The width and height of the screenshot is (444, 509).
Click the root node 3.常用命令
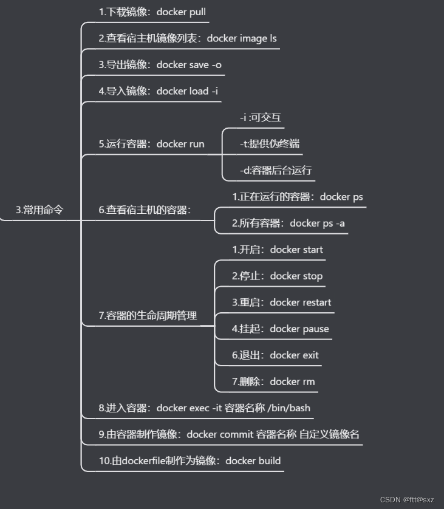[x=39, y=210]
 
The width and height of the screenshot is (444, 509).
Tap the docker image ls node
[x=188, y=38]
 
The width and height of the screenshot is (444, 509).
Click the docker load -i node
[x=158, y=91]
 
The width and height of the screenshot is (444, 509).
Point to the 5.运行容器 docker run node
[x=151, y=144]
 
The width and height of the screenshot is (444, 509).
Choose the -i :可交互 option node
[x=261, y=117]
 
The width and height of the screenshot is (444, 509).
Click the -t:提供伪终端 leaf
[x=270, y=144]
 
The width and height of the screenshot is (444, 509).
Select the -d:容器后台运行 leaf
[x=276, y=170]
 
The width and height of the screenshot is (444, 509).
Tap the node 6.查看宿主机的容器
[x=145, y=210]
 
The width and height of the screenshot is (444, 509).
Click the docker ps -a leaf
[x=288, y=223]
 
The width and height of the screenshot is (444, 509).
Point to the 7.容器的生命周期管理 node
[x=148, y=315]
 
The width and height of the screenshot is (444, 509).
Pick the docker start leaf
[x=278, y=249]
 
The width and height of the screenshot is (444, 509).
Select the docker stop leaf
[x=277, y=276]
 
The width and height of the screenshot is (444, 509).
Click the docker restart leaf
[x=281, y=302]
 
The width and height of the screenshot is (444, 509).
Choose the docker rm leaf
[x=273, y=381]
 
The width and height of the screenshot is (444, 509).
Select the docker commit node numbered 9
[x=229, y=434]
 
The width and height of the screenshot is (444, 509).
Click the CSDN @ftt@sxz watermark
[x=406, y=499]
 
